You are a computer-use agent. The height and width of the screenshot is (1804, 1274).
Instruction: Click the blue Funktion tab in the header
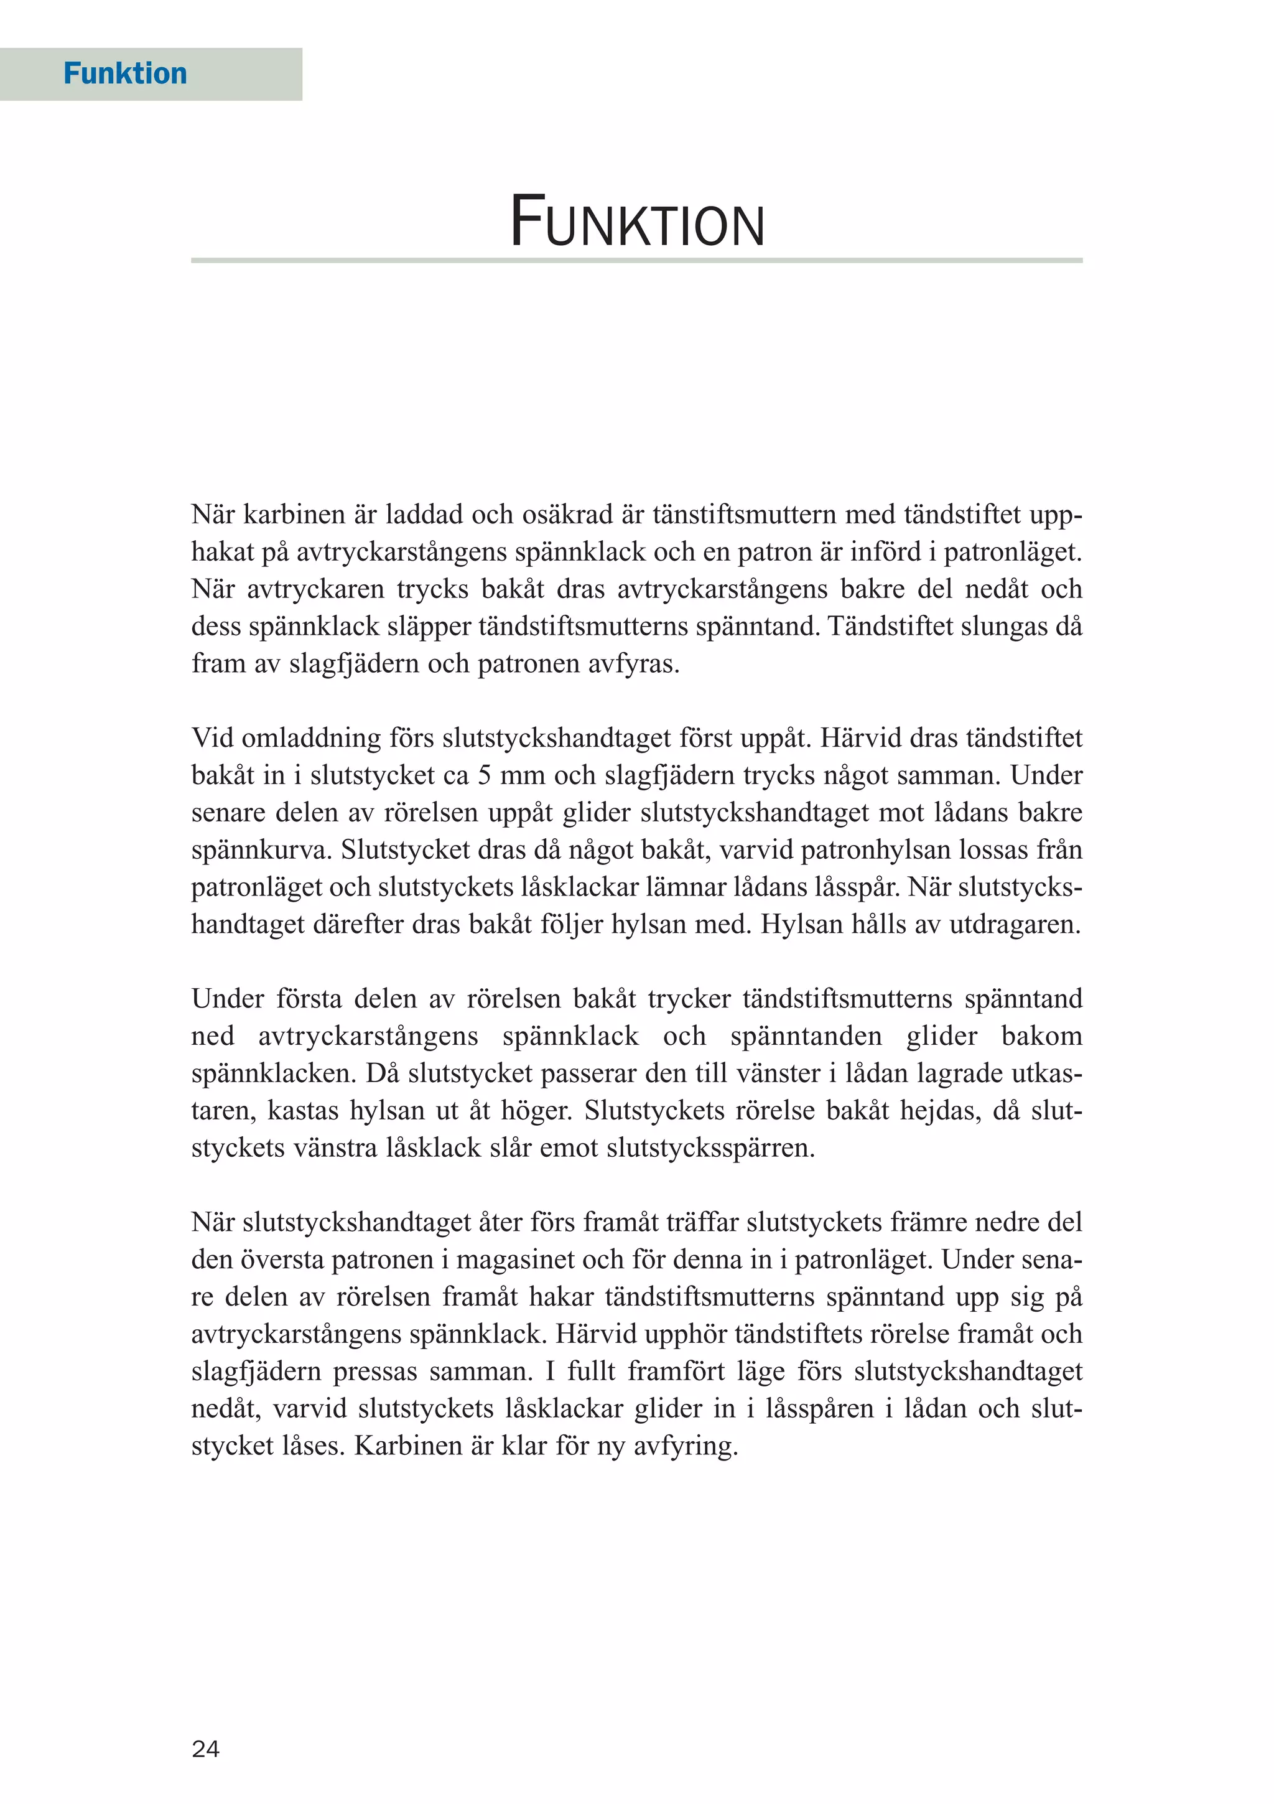125,74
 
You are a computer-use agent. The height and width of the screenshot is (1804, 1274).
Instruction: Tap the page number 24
205,1749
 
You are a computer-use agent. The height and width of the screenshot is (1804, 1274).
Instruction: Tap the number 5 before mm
485,775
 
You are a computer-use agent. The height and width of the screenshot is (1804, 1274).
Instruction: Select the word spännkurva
261,850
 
